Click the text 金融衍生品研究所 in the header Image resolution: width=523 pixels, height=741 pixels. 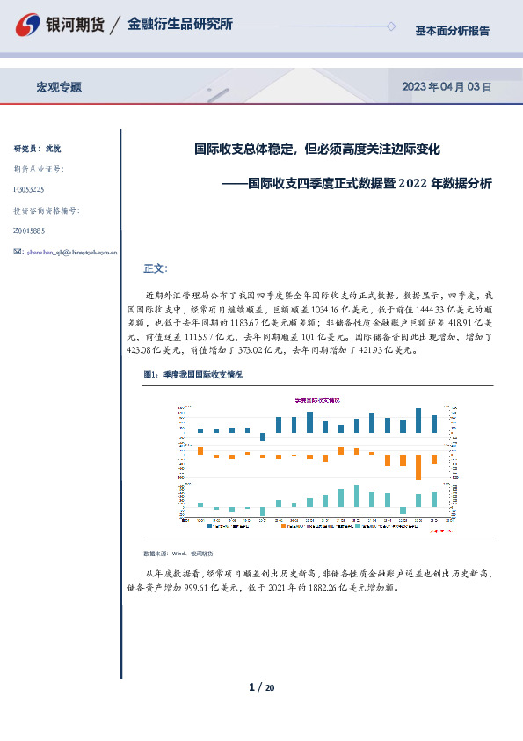coord(180,25)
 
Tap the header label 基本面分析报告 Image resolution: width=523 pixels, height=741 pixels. coord(452,31)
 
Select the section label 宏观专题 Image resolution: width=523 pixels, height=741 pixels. coord(59,87)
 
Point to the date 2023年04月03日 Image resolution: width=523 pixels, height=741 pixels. coord(446,87)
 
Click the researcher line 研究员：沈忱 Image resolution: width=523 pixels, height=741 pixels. coord(38,149)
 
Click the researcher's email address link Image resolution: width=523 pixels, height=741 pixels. coord(72,252)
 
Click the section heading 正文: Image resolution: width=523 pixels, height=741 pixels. coord(155,268)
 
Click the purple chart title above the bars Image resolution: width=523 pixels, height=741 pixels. coord(317,399)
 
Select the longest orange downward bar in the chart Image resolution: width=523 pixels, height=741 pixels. coord(418,466)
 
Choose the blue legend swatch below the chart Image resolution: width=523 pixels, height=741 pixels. coord(210,525)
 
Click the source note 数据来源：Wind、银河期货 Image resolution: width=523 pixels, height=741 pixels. coord(178,554)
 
